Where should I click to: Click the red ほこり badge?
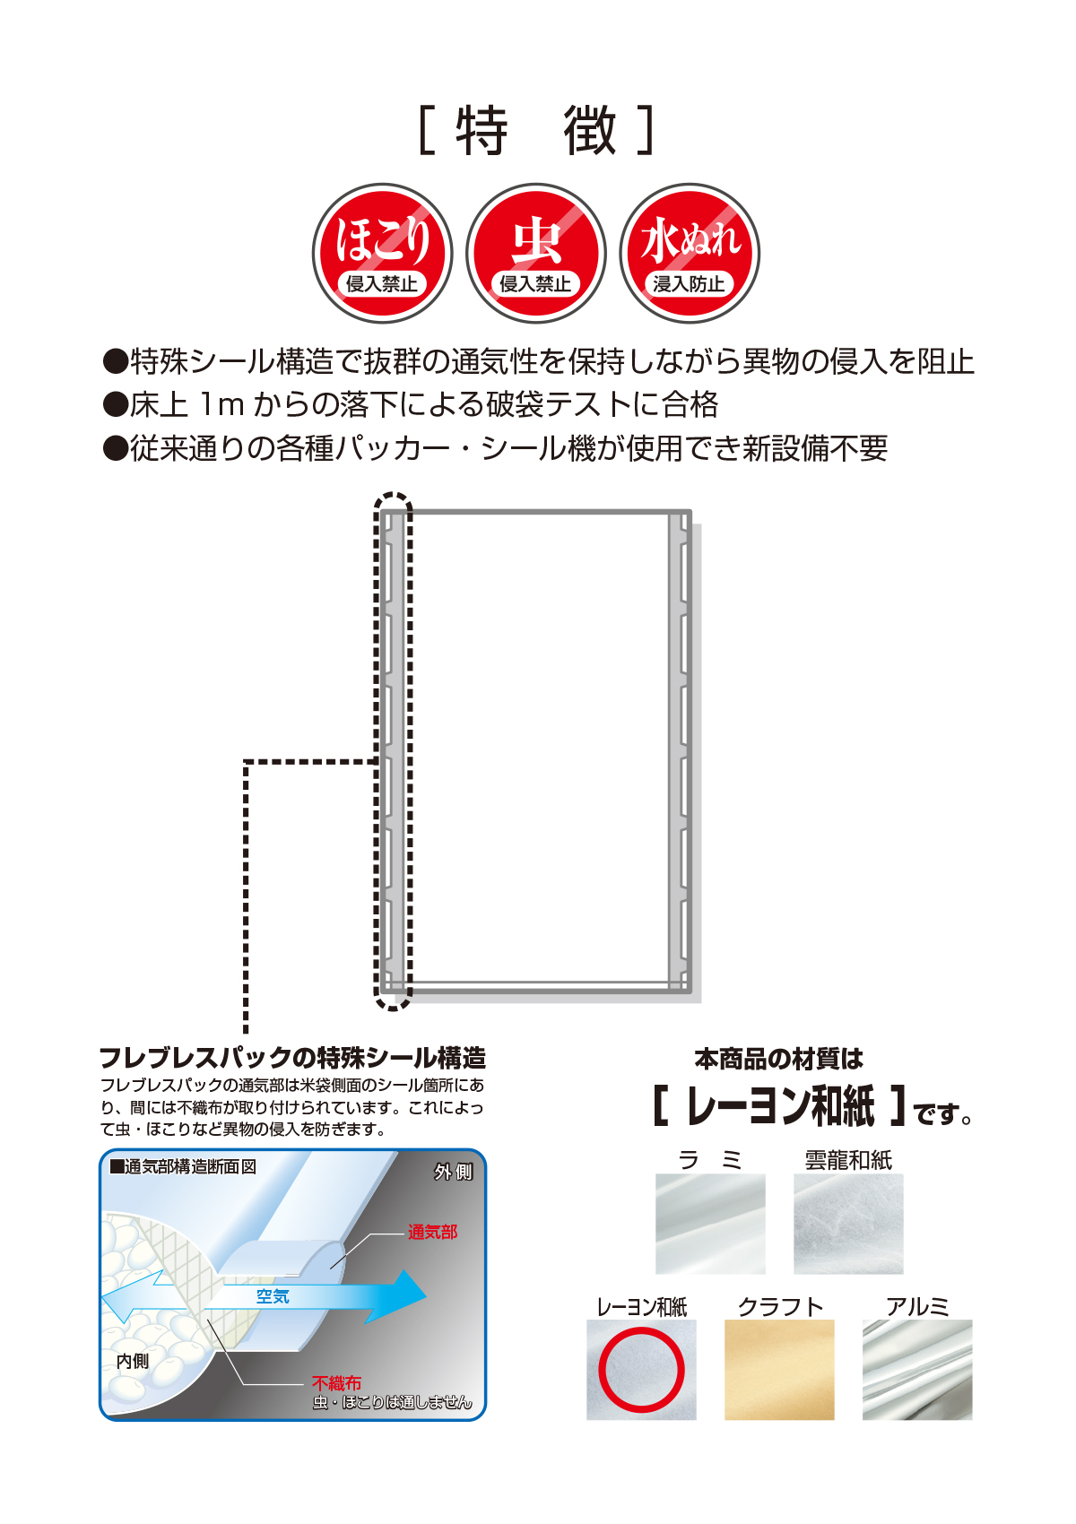[x=383, y=253]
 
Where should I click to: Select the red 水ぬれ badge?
[x=690, y=253]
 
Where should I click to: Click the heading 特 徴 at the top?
[x=536, y=131]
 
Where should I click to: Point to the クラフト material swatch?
[x=779, y=1370]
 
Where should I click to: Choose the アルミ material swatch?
[x=917, y=1370]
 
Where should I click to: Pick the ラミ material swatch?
[x=710, y=1224]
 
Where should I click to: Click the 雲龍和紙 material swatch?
[x=848, y=1224]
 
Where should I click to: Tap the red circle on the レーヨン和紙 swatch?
[x=641, y=1370]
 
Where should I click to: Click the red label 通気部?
[x=432, y=1233]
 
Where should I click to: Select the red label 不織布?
[x=336, y=1383]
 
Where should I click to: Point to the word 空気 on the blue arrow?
[x=273, y=1296]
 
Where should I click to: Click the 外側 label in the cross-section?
[x=453, y=1172]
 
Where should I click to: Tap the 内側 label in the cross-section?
[x=133, y=1361]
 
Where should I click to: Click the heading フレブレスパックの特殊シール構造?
[x=292, y=1058]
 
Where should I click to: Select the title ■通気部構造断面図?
[x=183, y=1166]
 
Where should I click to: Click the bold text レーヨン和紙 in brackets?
[x=779, y=1105]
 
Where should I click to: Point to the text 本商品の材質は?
[x=778, y=1059]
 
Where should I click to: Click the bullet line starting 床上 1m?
[x=412, y=405]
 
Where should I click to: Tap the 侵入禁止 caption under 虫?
[x=535, y=284]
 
